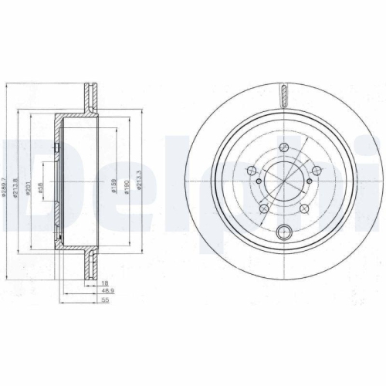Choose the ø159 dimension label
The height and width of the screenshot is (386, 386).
click(113, 187)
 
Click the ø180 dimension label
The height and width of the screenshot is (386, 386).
click(127, 187)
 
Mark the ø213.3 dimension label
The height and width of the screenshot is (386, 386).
click(140, 183)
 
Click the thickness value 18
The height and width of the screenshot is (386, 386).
click(104, 284)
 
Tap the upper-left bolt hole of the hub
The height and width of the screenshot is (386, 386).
click(249, 171)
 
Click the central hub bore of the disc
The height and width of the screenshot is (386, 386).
click(283, 183)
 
